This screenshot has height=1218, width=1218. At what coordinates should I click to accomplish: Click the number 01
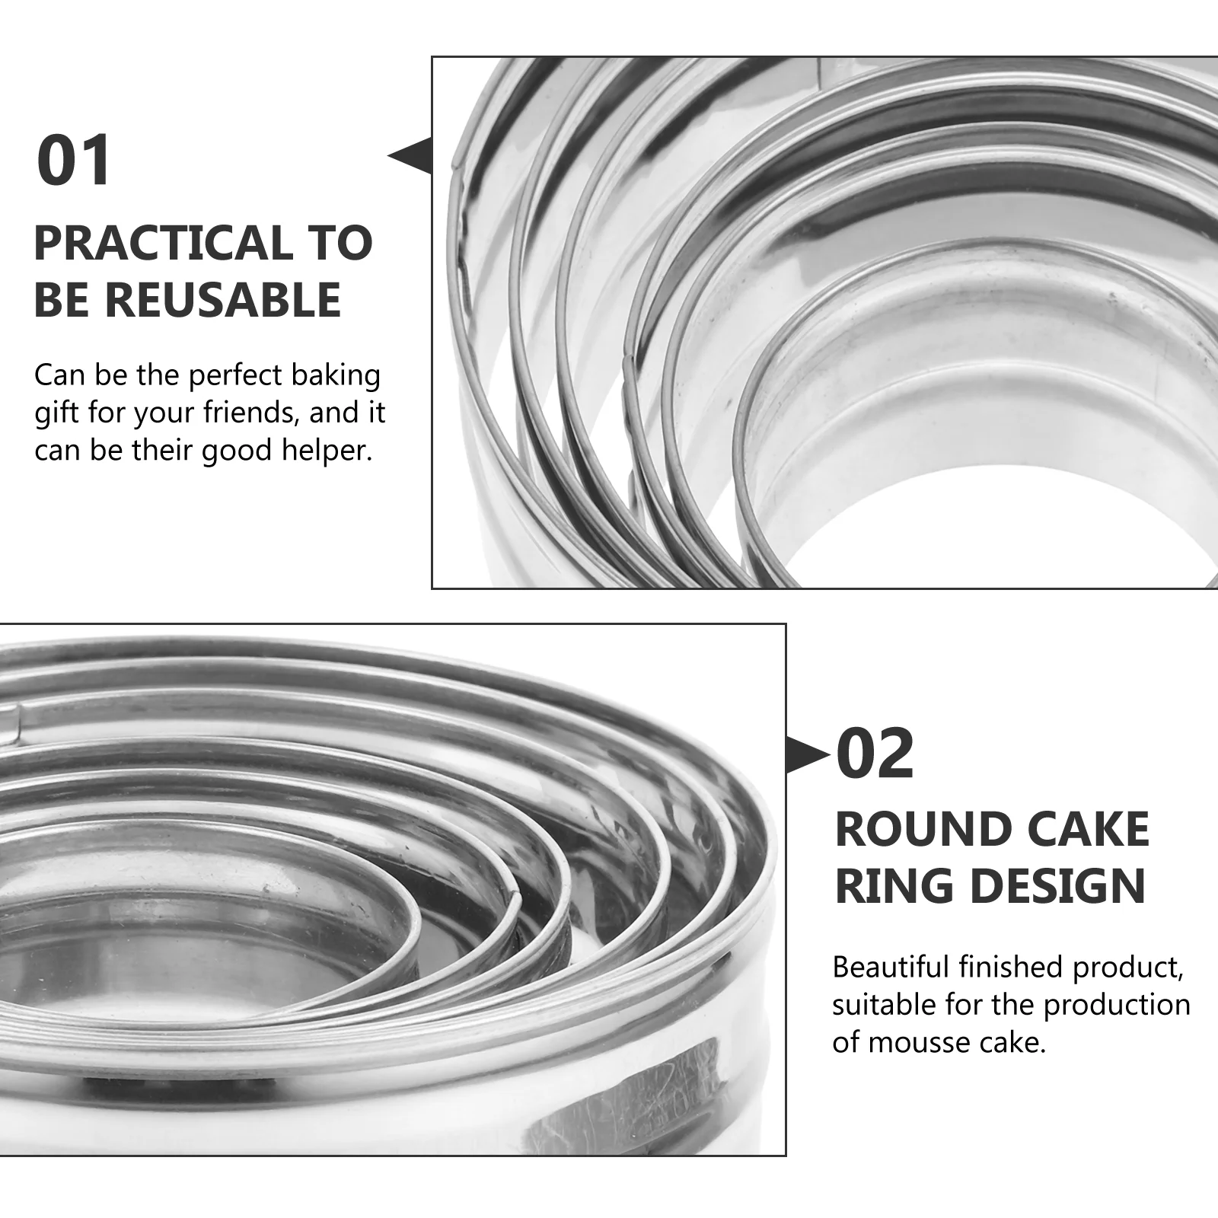(74, 161)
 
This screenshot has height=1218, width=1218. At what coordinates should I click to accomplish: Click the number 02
(875, 754)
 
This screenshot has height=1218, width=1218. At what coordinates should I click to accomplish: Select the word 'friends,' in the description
(248, 413)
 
